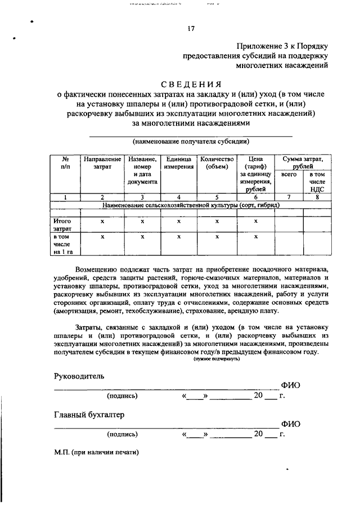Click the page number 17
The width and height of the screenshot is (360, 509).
tap(191, 29)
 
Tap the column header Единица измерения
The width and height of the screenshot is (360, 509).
tap(178, 163)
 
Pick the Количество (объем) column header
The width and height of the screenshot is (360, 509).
tap(217, 163)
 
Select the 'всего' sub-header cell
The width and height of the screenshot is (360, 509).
tap(289, 175)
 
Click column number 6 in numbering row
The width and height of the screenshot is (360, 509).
tap(255, 197)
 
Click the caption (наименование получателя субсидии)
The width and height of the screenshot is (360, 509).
tap(191, 141)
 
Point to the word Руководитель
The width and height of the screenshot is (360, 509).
tap(79, 375)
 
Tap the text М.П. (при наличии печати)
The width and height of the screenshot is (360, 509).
tap(96, 452)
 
